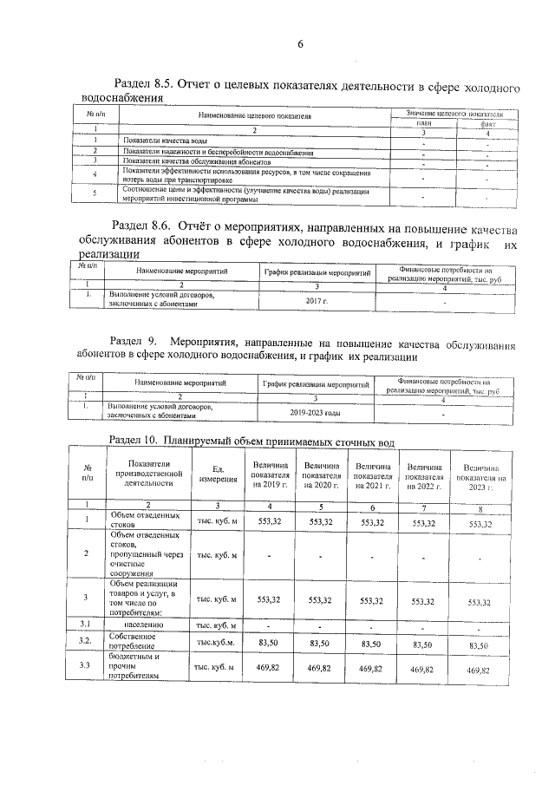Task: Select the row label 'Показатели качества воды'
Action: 165,141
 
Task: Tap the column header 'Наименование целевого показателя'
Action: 255,114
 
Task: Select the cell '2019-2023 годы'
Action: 317,412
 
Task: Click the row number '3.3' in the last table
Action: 87,666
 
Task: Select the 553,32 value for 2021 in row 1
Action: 372,523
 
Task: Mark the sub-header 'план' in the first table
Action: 424,123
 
